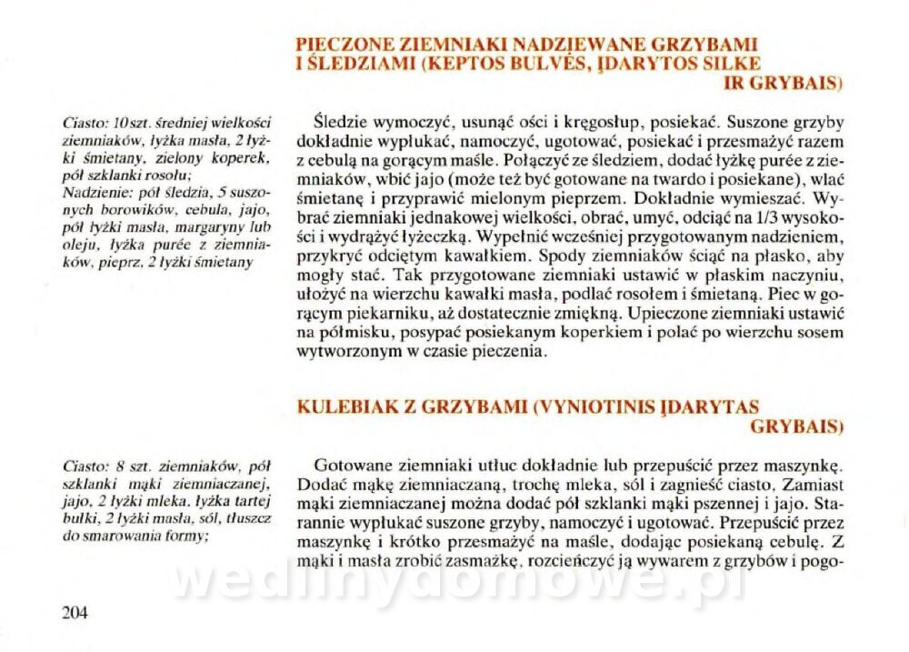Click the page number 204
click(75, 612)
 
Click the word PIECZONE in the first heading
click(341, 44)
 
